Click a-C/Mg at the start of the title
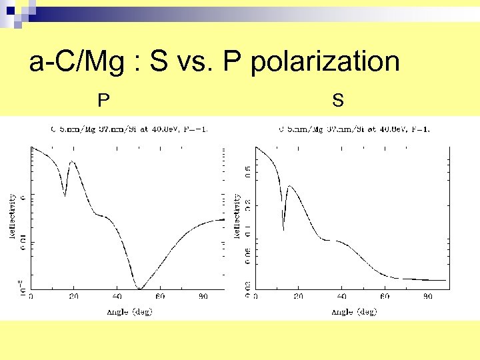pyautogui.click(x=71, y=62)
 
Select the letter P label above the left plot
pyautogui.click(x=103, y=101)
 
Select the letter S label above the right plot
pyautogui.click(x=338, y=101)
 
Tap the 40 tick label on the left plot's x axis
pyautogui.click(x=117, y=296)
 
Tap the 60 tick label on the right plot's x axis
pyautogui.click(x=385, y=296)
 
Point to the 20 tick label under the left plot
pyautogui.click(x=74, y=296)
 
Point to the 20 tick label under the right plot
pyautogui.click(x=299, y=296)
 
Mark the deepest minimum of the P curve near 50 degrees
pyautogui.click(x=139, y=288)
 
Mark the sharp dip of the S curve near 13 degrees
pyautogui.click(x=284, y=229)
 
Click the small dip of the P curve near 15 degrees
pyautogui.click(x=65, y=195)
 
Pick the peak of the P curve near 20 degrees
pyautogui.click(x=71, y=162)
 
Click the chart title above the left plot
pyautogui.click(x=127, y=129)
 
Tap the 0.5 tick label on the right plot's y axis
pyautogui.click(x=247, y=173)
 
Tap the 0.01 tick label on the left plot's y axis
pyautogui.click(x=23, y=245)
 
